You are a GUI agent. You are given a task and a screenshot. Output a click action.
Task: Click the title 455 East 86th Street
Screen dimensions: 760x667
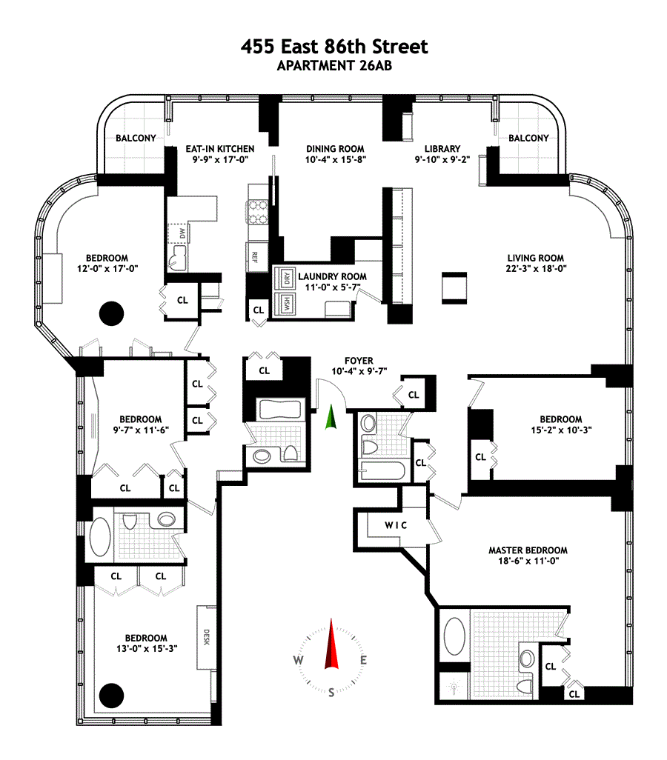tap(334, 47)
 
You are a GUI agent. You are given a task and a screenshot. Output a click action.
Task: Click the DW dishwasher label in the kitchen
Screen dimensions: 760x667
tap(182, 233)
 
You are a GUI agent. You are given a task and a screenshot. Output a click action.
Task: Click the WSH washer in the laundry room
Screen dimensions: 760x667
tap(282, 304)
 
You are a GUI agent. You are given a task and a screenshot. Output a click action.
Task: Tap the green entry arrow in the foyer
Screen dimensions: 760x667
tap(331, 419)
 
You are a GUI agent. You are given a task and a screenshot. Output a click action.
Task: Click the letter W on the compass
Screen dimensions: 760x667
tap(298, 661)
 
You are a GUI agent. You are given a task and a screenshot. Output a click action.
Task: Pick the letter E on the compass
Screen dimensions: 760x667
tap(363, 661)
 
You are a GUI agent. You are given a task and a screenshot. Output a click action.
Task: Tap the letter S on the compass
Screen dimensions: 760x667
tap(331, 693)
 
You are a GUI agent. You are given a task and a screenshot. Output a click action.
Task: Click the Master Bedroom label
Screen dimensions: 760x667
tap(528, 550)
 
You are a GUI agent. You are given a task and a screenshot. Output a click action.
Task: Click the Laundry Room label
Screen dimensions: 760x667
tap(332, 276)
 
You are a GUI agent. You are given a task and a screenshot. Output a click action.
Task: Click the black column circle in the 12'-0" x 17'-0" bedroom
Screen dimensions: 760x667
tap(111, 314)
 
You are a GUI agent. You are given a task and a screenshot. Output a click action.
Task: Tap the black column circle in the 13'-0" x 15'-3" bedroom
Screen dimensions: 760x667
tap(111, 694)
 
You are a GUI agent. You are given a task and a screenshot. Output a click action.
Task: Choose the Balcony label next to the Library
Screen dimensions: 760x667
tap(528, 138)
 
